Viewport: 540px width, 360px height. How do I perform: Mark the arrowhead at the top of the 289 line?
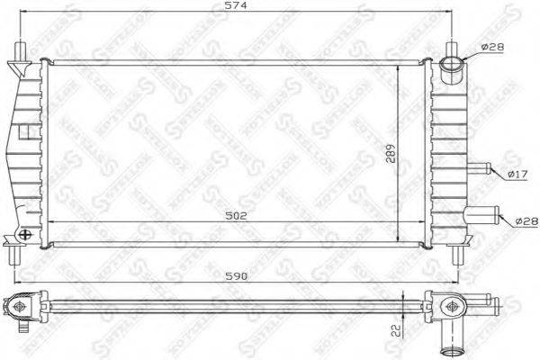(398, 65)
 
